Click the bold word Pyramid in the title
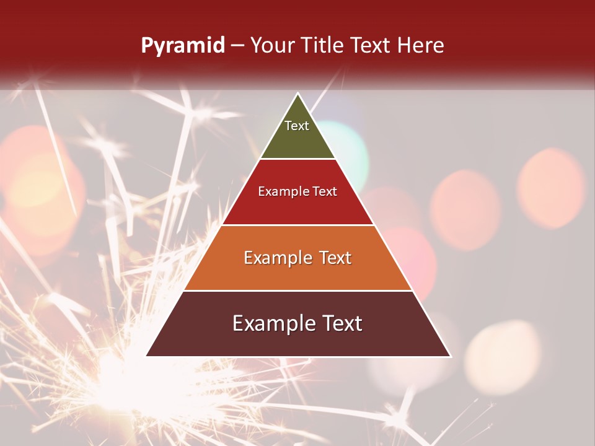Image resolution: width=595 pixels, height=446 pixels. click(182, 46)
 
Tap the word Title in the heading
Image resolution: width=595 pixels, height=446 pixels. click(324, 45)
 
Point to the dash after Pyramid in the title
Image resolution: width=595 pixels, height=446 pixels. click(237, 46)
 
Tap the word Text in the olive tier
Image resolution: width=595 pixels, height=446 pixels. click(297, 126)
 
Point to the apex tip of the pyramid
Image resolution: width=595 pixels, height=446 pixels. click(298, 94)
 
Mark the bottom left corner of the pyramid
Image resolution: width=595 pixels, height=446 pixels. click(147, 356)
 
